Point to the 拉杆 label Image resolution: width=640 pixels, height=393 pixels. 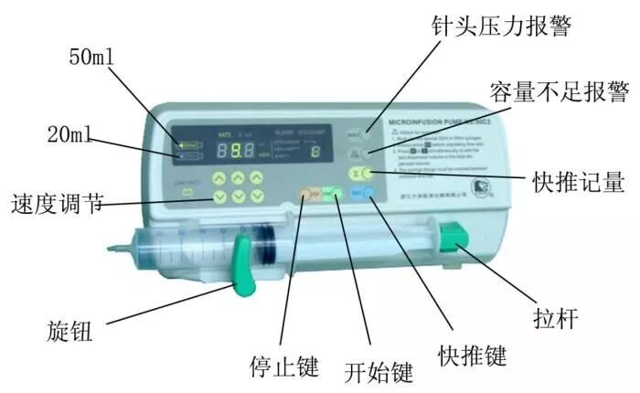(x=554, y=318)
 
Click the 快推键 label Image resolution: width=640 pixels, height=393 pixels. (x=472, y=352)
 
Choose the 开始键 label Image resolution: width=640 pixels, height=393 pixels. (x=379, y=371)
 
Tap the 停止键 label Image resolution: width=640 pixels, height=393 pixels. (x=284, y=366)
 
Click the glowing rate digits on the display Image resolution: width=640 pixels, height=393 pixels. (x=241, y=151)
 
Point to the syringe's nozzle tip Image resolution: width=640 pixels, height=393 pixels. (x=112, y=245)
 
